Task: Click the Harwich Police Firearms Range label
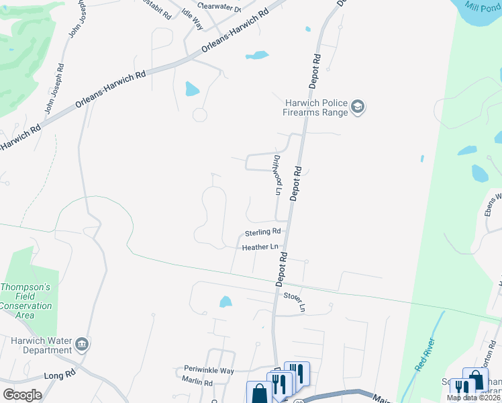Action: click(316, 107)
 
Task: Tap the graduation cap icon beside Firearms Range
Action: click(358, 107)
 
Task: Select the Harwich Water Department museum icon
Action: click(83, 345)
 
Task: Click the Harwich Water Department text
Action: click(41, 345)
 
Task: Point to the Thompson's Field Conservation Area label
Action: click(26, 301)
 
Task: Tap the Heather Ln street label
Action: click(260, 247)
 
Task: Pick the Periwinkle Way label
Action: click(209, 370)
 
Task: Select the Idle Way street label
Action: click(193, 18)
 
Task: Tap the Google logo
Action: click(22, 395)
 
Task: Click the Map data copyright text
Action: click(474, 398)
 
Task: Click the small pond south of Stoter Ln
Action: click(225, 302)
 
